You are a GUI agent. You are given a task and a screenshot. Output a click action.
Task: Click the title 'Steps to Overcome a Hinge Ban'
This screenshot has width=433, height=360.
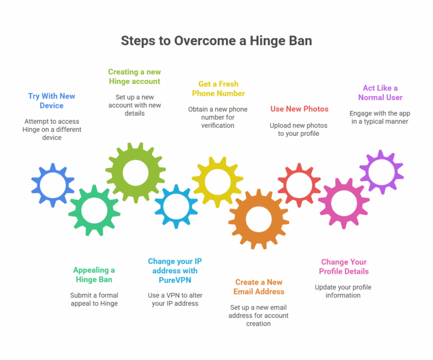pyautogui.click(x=216, y=41)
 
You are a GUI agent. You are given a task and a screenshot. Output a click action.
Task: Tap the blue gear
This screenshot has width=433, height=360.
pyautogui.click(x=52, y=185)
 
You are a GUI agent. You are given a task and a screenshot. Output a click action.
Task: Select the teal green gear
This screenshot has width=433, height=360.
pyautogui.click(x=94, y=211)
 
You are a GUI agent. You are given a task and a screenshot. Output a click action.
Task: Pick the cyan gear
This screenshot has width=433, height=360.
pyautogui.click(x=176, y=206)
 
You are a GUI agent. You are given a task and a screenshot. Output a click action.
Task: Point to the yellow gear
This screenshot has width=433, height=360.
pyautogui.click(x=217, y=181)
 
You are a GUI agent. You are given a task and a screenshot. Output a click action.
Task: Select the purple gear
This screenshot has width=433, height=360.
pyautogui.click(x=381, y=171)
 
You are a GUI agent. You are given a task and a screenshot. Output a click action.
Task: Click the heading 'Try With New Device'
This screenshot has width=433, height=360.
pyautogui.click(x=51, y=101)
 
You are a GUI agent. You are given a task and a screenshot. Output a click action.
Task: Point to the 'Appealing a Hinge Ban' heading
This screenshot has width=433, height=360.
pyautogui.click(x=94, y=275)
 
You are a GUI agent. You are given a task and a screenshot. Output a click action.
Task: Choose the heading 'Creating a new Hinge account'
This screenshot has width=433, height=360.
pyautogui.click(x=134, y=77)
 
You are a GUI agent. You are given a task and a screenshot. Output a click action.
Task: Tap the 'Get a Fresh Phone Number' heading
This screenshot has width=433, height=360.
pyautogui.click(x=218, y=89)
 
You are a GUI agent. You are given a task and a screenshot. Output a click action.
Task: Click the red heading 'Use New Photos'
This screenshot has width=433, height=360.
pyautogui.click(x=299, y=109)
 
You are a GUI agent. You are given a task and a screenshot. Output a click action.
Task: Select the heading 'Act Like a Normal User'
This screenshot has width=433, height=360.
pyautogui.click(x=380, y=93)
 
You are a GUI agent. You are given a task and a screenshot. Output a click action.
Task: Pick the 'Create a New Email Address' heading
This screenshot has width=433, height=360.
pyautogui.click(x=259, y=287)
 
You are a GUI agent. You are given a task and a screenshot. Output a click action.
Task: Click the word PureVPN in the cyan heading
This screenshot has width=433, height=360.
pyautogui.click(x=175, y=279)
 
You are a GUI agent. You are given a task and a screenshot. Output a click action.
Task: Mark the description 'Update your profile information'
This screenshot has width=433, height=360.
pyautogui.click(x=343, y=291)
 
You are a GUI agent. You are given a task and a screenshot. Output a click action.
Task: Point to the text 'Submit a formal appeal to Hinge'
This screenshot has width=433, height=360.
pyautogui.click(x=94, y=299)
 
